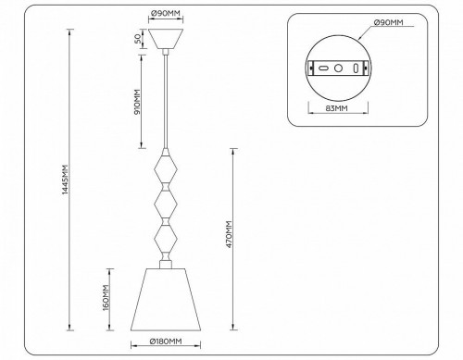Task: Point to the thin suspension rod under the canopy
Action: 165,102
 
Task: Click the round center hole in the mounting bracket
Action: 338,68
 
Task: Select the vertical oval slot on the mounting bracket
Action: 356,68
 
